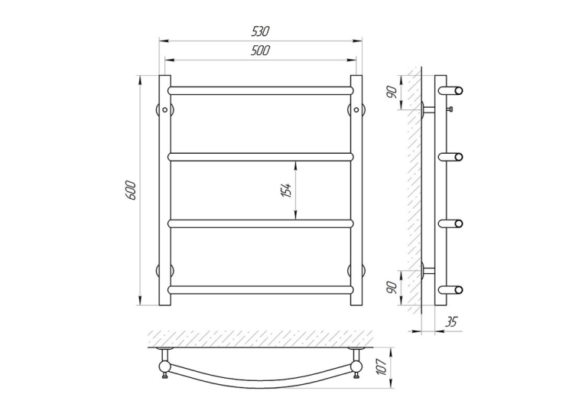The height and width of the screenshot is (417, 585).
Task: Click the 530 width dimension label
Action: tap(260, 31)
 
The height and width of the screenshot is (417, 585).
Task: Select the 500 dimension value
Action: tap(260, 50)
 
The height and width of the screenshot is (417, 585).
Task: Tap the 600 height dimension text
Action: tap(131, 191)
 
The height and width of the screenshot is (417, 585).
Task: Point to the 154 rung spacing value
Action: tap(287, 191)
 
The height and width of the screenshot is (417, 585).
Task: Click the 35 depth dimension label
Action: tap(451, 321)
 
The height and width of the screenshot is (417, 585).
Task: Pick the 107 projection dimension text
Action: tap(382, 367)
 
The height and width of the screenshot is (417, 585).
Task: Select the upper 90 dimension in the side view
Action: tap(392, 92)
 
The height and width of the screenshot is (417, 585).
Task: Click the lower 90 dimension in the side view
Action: tap(392, 287)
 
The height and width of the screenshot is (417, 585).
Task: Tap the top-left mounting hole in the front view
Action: tap(165, 109)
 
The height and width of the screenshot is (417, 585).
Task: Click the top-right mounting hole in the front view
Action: tap(356, 109)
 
